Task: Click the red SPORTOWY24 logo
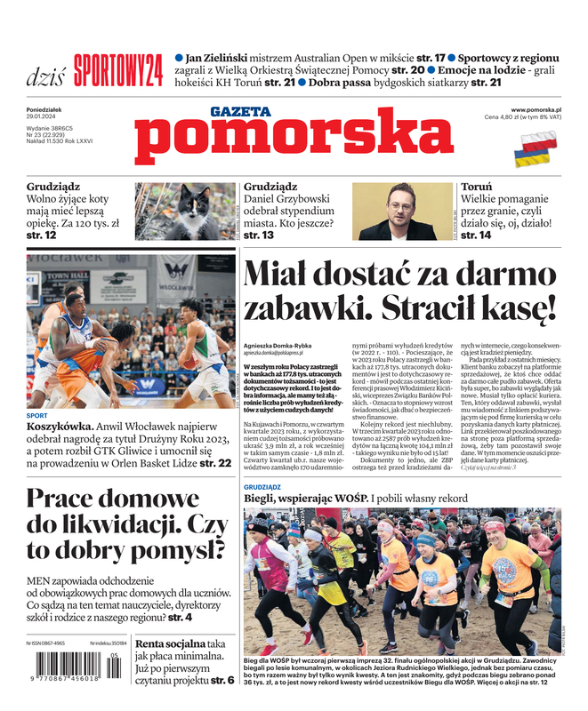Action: point(118,69)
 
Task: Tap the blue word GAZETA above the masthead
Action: point(241,112)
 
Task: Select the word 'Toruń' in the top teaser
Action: point(477,188)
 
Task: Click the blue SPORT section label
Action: point(37,416)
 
